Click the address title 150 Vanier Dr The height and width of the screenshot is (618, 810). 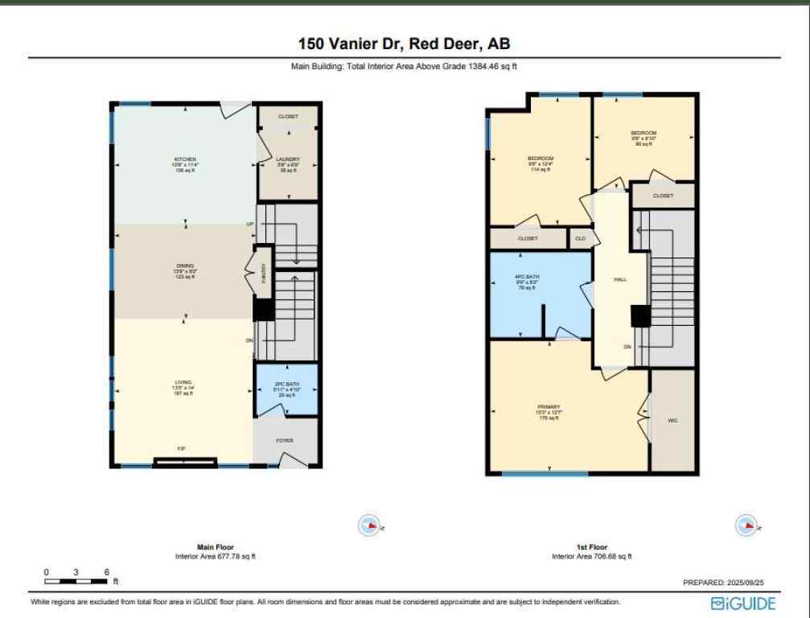point(404,43)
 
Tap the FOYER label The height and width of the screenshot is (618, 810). point(285,440)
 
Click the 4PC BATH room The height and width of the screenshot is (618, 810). point(528,282)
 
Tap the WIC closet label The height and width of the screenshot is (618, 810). point(672,420)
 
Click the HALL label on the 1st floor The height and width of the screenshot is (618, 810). point(620,279)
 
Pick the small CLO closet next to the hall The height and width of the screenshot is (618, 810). point(580,238)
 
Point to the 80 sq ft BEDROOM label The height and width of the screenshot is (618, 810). point(643,138)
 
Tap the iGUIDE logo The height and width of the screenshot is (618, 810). point(743,603)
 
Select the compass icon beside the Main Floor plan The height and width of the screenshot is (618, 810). point(368,525)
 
